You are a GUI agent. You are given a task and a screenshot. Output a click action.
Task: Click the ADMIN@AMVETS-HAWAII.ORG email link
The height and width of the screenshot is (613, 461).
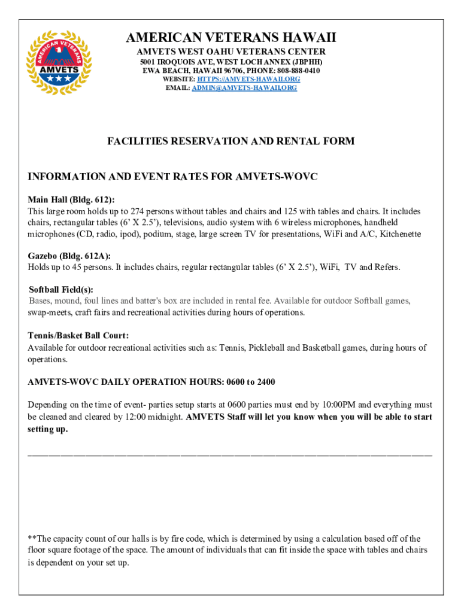pos(244,88)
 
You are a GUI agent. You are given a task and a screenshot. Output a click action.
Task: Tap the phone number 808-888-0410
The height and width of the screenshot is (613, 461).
pos(299,71)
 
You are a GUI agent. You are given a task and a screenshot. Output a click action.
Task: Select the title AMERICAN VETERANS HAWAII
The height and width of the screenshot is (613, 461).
pos(230,38)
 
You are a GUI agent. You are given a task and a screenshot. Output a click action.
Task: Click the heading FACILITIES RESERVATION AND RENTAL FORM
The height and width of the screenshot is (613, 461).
pos(230,141)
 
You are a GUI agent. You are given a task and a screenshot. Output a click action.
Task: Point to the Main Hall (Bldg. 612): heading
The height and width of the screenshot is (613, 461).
pos(71,200)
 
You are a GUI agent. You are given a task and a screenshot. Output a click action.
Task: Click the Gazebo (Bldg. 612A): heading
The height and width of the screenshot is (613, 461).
pos(69,256)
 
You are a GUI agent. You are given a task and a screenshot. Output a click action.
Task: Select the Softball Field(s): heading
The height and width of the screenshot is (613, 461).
pos(61,289)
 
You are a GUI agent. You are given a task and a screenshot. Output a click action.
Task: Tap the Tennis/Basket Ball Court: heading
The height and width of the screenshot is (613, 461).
pos(78,335)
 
